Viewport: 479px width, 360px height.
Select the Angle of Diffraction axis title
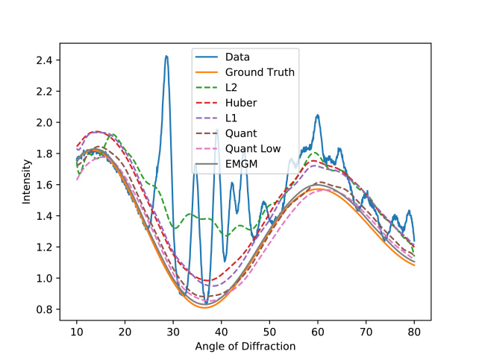point(245,346)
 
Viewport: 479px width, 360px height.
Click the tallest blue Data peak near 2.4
point(166,56)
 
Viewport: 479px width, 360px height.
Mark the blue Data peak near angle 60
point(318,116)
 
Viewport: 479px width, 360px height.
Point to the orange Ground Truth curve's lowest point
point(204,307)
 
